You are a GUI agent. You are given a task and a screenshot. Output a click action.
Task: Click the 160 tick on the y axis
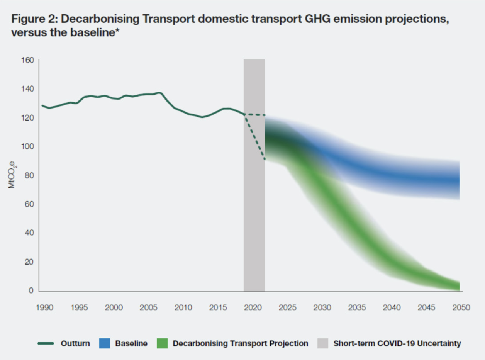tap(30, 60)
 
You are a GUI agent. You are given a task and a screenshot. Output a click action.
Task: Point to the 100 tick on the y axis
tap(30, 147)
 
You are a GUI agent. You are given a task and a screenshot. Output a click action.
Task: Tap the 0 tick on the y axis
tap(32, 291)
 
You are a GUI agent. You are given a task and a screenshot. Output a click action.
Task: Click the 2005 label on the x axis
tap(149, 308)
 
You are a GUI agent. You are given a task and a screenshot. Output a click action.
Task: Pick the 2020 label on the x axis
tap(253, 308)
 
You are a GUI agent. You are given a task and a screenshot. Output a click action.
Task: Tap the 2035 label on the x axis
tap(357, 308)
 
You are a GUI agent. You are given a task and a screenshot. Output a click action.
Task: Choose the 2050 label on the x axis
tap(461, 308)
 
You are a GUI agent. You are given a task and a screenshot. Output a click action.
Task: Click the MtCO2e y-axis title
tap(12, 175)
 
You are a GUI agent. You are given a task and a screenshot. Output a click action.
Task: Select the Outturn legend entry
tap(75, 343)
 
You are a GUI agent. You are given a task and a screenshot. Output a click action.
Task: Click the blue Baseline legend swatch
tap(105, 343)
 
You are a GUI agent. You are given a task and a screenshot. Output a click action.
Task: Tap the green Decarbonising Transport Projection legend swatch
tap(162, 343)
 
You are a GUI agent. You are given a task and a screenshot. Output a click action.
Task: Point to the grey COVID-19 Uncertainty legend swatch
tap(323, 343)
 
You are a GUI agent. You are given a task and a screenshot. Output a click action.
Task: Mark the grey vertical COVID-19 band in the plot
tap(254, 174)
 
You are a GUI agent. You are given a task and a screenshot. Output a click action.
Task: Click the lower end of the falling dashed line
tap(265, 159)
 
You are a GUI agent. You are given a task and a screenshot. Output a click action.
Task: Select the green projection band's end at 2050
tap(458, 286)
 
